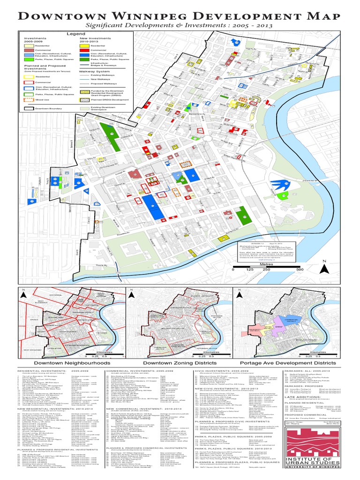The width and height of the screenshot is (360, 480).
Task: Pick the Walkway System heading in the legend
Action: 96,66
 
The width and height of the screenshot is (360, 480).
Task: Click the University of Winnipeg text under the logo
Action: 318,474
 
